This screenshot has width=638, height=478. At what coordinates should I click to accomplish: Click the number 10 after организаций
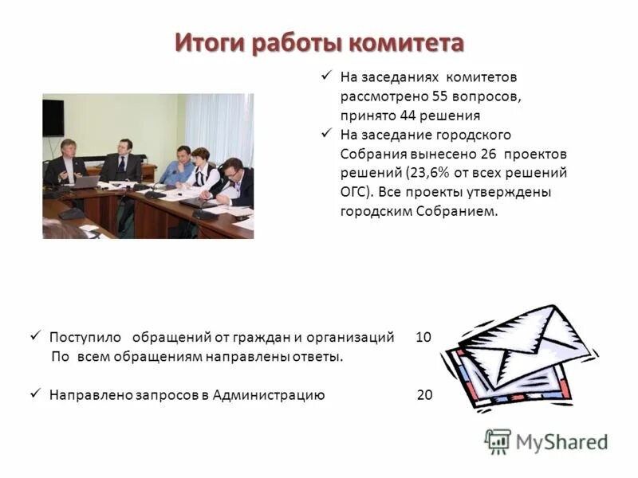[423, 337]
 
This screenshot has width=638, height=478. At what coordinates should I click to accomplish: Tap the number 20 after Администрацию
[425, 394]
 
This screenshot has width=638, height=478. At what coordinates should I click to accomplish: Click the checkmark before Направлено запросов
[34, 394]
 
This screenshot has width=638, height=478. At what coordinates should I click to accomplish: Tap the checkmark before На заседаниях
[325, 76]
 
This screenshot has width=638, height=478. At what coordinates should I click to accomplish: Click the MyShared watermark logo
[545, 441]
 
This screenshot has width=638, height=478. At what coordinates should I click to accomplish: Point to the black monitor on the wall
[53, 117]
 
